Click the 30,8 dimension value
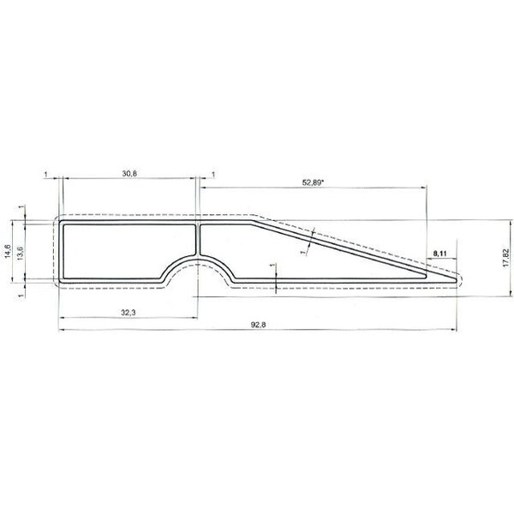pos(129,173)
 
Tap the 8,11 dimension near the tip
pos(439,254)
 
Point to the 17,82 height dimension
pos(505,257)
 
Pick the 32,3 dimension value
pos(128,314)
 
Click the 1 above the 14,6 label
pos(21,207)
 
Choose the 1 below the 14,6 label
pos(21,294)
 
